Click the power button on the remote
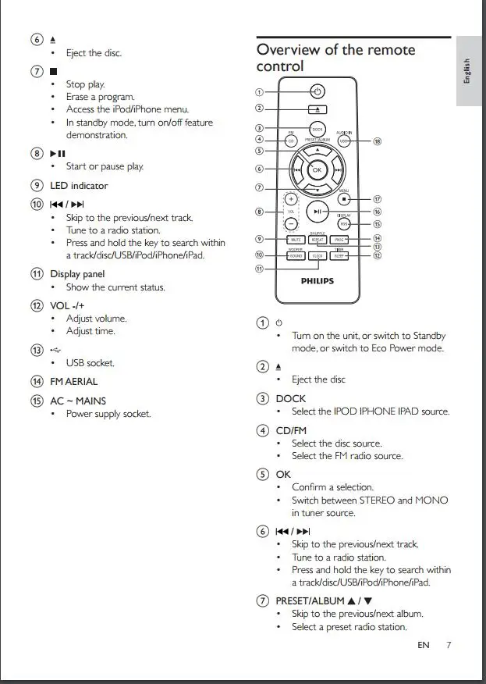pyautogui.click(x=317, y=91)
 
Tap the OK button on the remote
pyautogui.click(x=317, y=169)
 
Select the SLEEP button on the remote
pyautogui.click(x=339, y=255)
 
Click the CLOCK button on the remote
pyautogui.click(x=317, y=255)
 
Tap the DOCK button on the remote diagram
pyautogui.click(x=317, y=128)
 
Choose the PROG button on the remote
pyautogui.click(x=339, y=240)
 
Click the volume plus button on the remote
pyautogui.click(x=290, y=198)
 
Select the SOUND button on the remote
pyautogui.click(x=295, y=255)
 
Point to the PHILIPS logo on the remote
pyautogui.click(x=317, y=281)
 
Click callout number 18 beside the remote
pyautogui.click(x=377, y=141)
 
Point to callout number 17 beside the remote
pyautogui.click(x=377, y=199)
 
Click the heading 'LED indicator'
pyautogui.click(x=79, y=186)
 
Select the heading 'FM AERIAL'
pyautogui.click(x=74, y=382)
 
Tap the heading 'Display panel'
pyautogui.click(x=77, y=274)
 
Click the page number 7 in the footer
pyautogui.click(x=449, y=645)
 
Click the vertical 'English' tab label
pyautogui.click(x=467, y=70)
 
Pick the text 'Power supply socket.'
pyautogui.click(x=108, y=414)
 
